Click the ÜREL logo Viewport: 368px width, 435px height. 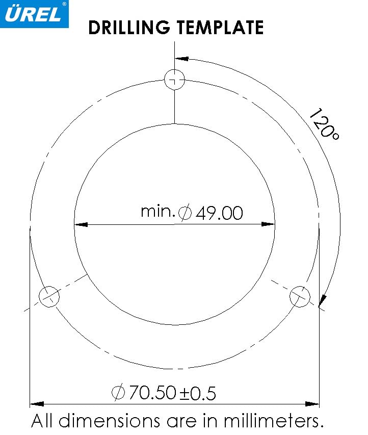click(34, 14)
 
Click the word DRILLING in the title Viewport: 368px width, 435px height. click(129, 27)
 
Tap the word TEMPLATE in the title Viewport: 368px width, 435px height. click(220, 27)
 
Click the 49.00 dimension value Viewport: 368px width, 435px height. click(219, 213)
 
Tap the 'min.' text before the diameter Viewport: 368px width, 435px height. click(158, 212)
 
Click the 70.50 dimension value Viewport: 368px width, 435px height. click(152, 392)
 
